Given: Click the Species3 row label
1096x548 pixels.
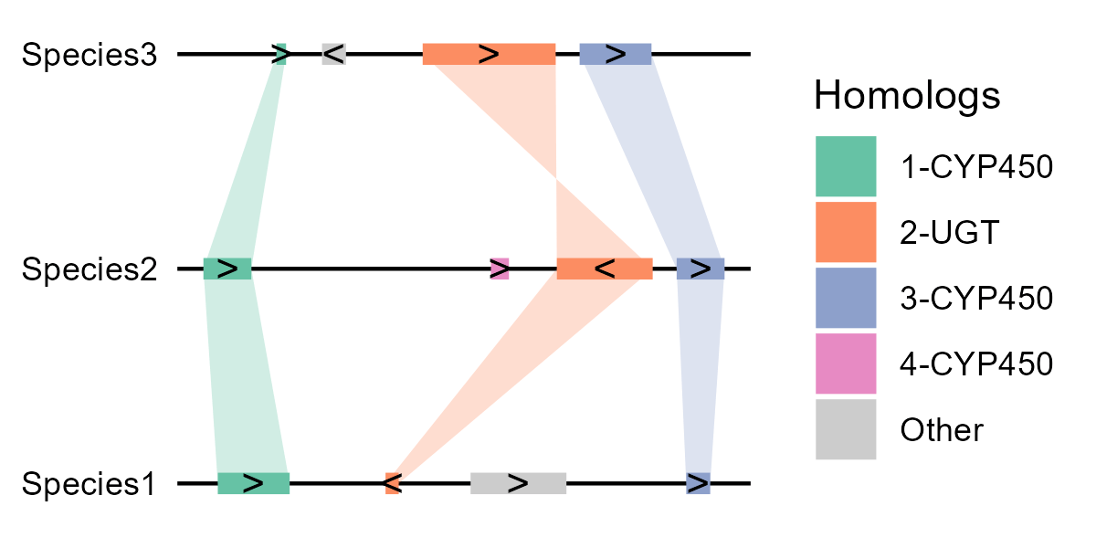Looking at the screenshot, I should click(x=90, y=55).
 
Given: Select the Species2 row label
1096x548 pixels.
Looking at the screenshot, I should click(x=90, y=269).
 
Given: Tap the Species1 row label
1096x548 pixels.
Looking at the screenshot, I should click(x=90, y=484).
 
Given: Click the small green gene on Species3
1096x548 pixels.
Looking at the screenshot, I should click(x=281, y=54).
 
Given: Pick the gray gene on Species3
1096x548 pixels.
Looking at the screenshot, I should click(x=333, y=54).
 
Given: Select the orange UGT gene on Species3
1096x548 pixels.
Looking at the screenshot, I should click(x=489, y=54).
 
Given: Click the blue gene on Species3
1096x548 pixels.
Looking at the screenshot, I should click(x=616, y=54).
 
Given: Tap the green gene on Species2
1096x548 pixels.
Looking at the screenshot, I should click(x=227, y=269).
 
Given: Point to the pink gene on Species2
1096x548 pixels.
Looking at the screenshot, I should click(x=499, y=269).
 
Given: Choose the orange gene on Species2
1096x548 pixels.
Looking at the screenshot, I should click(x=605, y=269).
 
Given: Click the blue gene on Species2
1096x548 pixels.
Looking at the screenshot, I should click(x=701, y=269).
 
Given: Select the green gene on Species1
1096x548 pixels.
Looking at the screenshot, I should click(x=253, y=483).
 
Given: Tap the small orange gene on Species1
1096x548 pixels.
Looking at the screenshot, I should click(x=393, y=483).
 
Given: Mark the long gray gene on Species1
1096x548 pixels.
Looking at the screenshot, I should click(x=518, y=483).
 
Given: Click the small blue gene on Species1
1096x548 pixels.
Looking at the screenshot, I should click(x=699, y=483).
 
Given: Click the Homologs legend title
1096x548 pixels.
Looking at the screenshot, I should click(x=906, y=95).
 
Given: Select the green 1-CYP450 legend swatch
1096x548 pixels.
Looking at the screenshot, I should click(x=846, y=166).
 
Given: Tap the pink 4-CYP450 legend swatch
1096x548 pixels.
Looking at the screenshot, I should click(x=846, y=364).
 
